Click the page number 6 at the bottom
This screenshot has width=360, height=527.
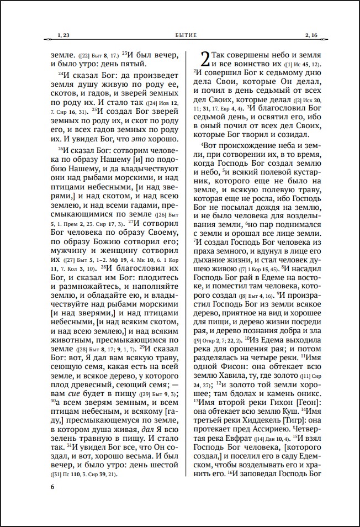tap(52, 487)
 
